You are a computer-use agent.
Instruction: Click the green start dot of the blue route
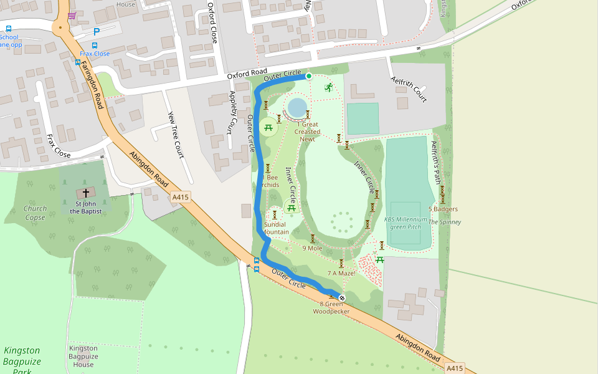(308, 76)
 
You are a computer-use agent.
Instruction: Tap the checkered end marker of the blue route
(341, 297)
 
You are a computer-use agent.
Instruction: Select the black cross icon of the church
(85, 193)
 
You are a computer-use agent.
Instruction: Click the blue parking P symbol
(97, 32)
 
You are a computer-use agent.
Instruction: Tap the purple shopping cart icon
(72, 16)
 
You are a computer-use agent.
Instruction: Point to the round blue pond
(297, 107)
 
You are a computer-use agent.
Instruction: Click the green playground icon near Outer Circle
(328, 87)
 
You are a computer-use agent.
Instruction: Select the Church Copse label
(35, 213)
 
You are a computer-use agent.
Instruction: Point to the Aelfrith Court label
(409, 89)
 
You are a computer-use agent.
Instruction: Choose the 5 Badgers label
(443, 209)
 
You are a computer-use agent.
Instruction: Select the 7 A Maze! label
(341, 273)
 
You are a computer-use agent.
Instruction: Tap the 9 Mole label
(312, 248)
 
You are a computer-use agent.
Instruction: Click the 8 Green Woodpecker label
(331, 308)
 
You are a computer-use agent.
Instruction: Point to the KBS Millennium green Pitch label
(406, 223)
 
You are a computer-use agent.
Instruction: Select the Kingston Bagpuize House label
(83, 357)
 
